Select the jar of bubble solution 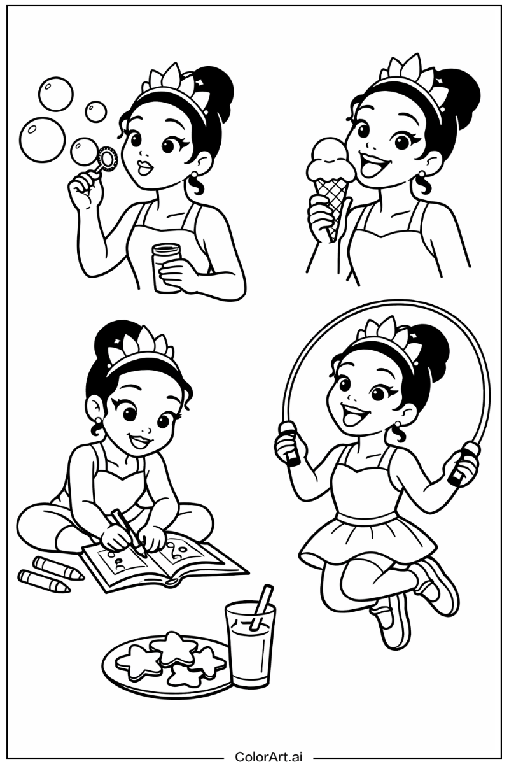click(167, 267)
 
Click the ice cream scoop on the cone click(330, 159)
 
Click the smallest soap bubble click(96, 111)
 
